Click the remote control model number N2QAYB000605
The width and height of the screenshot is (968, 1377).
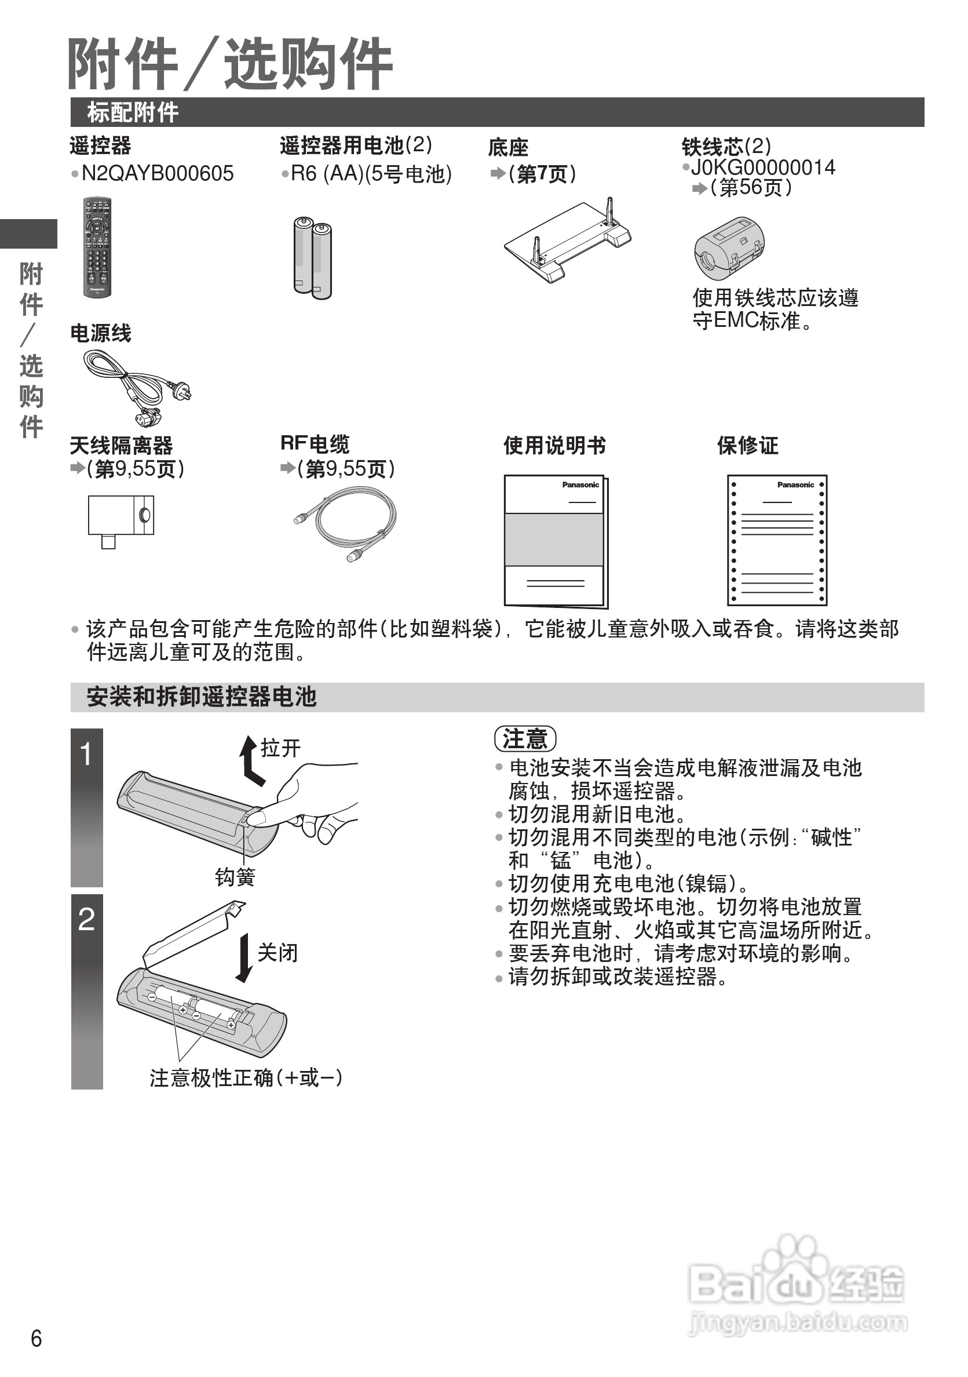(157, 174)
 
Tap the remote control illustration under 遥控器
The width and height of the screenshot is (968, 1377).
(97, 246)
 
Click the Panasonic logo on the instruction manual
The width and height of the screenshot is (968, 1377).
(580, 485)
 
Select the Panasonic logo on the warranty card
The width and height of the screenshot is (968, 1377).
(795, 485)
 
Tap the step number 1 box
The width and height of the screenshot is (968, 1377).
(87, 807)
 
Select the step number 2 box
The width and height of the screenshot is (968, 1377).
(87, 991)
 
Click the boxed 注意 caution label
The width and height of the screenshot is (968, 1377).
(525, 739)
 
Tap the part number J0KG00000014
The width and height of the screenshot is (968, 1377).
(762, 167)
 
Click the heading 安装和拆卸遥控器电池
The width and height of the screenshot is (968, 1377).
(202, 697)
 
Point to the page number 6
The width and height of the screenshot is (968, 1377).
(36, 1338)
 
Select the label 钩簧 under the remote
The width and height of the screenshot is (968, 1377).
(235, 877)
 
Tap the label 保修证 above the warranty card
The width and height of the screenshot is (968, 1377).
(747, 445)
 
